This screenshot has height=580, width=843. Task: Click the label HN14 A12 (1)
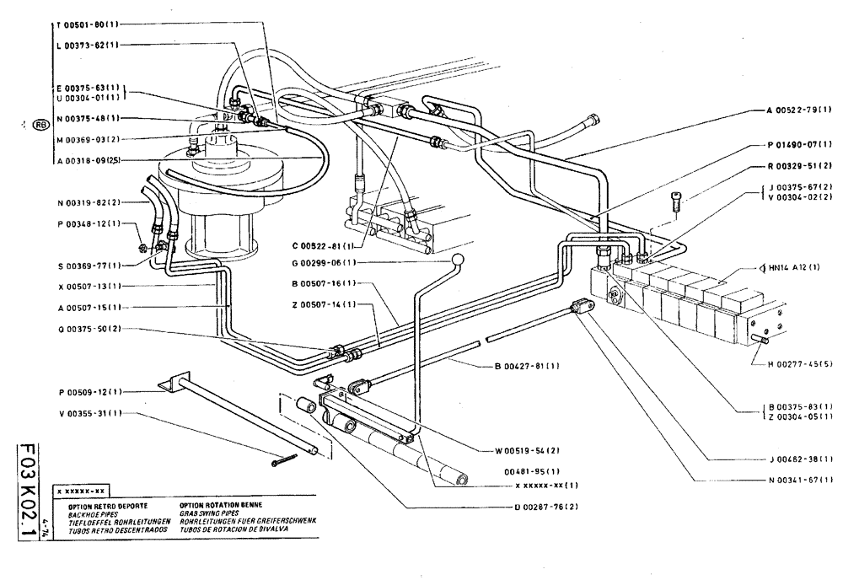(x=801, y=266)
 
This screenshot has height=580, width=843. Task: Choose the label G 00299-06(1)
(x=319, y=262)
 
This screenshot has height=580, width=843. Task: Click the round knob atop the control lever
(x=459, y=259)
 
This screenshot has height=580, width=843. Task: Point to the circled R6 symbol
(x=40, y=126)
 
